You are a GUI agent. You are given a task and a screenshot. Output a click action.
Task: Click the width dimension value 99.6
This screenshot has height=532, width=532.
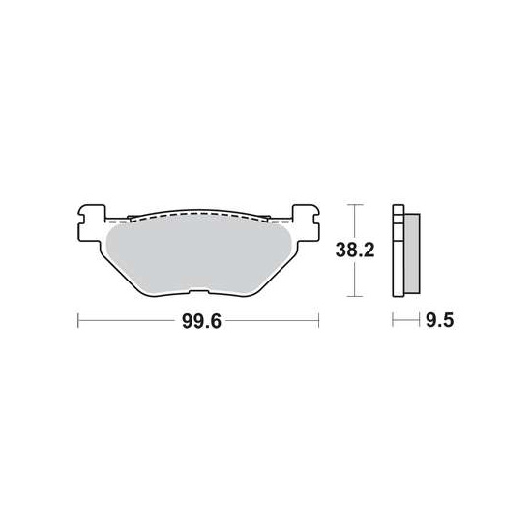click(200, 323)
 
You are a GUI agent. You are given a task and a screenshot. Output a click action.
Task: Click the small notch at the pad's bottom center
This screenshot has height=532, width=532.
click(198, 292)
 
